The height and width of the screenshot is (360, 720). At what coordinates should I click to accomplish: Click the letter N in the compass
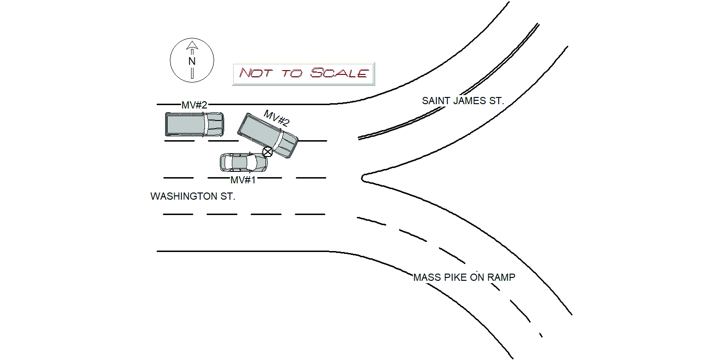(192, 61)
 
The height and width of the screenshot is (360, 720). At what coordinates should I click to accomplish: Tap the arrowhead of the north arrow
(192, 45)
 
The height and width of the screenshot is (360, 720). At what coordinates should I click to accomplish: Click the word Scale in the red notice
(339, 73)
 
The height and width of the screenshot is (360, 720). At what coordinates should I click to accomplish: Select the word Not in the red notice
(255, 73)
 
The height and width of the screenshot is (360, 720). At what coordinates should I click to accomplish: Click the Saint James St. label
(463, 101)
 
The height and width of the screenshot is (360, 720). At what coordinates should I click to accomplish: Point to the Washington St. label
(193, 196)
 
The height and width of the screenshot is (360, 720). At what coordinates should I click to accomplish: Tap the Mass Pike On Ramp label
(464, 277)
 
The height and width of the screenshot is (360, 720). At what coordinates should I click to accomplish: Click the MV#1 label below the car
(243, 180)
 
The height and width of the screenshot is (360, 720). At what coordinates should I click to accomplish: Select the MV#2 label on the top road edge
(194, 105)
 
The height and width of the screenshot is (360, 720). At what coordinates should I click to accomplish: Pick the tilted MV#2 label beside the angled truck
(276, 118)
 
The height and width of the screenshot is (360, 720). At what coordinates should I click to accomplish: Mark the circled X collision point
(267, 152)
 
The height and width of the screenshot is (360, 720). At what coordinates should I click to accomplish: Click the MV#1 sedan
(244, 162)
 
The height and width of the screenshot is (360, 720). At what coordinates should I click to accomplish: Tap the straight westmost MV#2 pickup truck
(194, 124)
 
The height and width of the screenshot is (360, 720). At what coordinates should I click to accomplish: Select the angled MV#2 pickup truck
(268, 135)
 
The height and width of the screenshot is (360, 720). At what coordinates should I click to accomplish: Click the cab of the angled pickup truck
(287, 144)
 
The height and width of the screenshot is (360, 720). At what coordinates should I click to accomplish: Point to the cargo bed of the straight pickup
(185, 124)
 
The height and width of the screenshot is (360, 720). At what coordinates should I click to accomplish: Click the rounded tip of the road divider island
(362, 178)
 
